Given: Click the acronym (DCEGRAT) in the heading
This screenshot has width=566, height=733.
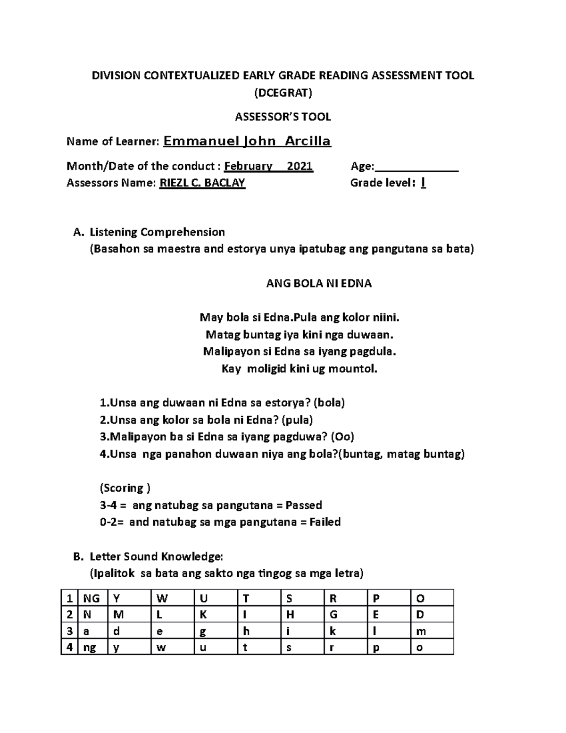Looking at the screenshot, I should click(x=283, y=93).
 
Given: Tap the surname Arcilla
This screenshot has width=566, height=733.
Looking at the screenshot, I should click(x=308, y=141).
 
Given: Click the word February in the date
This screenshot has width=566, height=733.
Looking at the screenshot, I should click(x=248, y=166).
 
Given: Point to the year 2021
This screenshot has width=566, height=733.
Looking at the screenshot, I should click(x=300, y=166).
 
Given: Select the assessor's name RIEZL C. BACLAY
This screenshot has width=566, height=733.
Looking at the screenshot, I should click(x=202, y=183).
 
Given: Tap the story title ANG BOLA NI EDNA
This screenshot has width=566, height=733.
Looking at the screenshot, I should click(x=319, y=284).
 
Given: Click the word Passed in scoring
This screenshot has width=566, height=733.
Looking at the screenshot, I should click(x=304, y=506).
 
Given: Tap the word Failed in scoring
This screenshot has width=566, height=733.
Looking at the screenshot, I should click(x=325, y=522).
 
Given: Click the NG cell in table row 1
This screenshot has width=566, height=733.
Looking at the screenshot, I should click(x=91, y=598).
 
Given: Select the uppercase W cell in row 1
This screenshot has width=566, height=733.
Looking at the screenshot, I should click(x=162, y=598).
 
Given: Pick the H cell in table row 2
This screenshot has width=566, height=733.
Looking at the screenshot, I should click(x=290, y=615).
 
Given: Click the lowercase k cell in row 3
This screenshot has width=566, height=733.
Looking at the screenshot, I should click(x=333, y=631).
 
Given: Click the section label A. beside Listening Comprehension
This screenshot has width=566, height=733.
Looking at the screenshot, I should click(x=78, y=232).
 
